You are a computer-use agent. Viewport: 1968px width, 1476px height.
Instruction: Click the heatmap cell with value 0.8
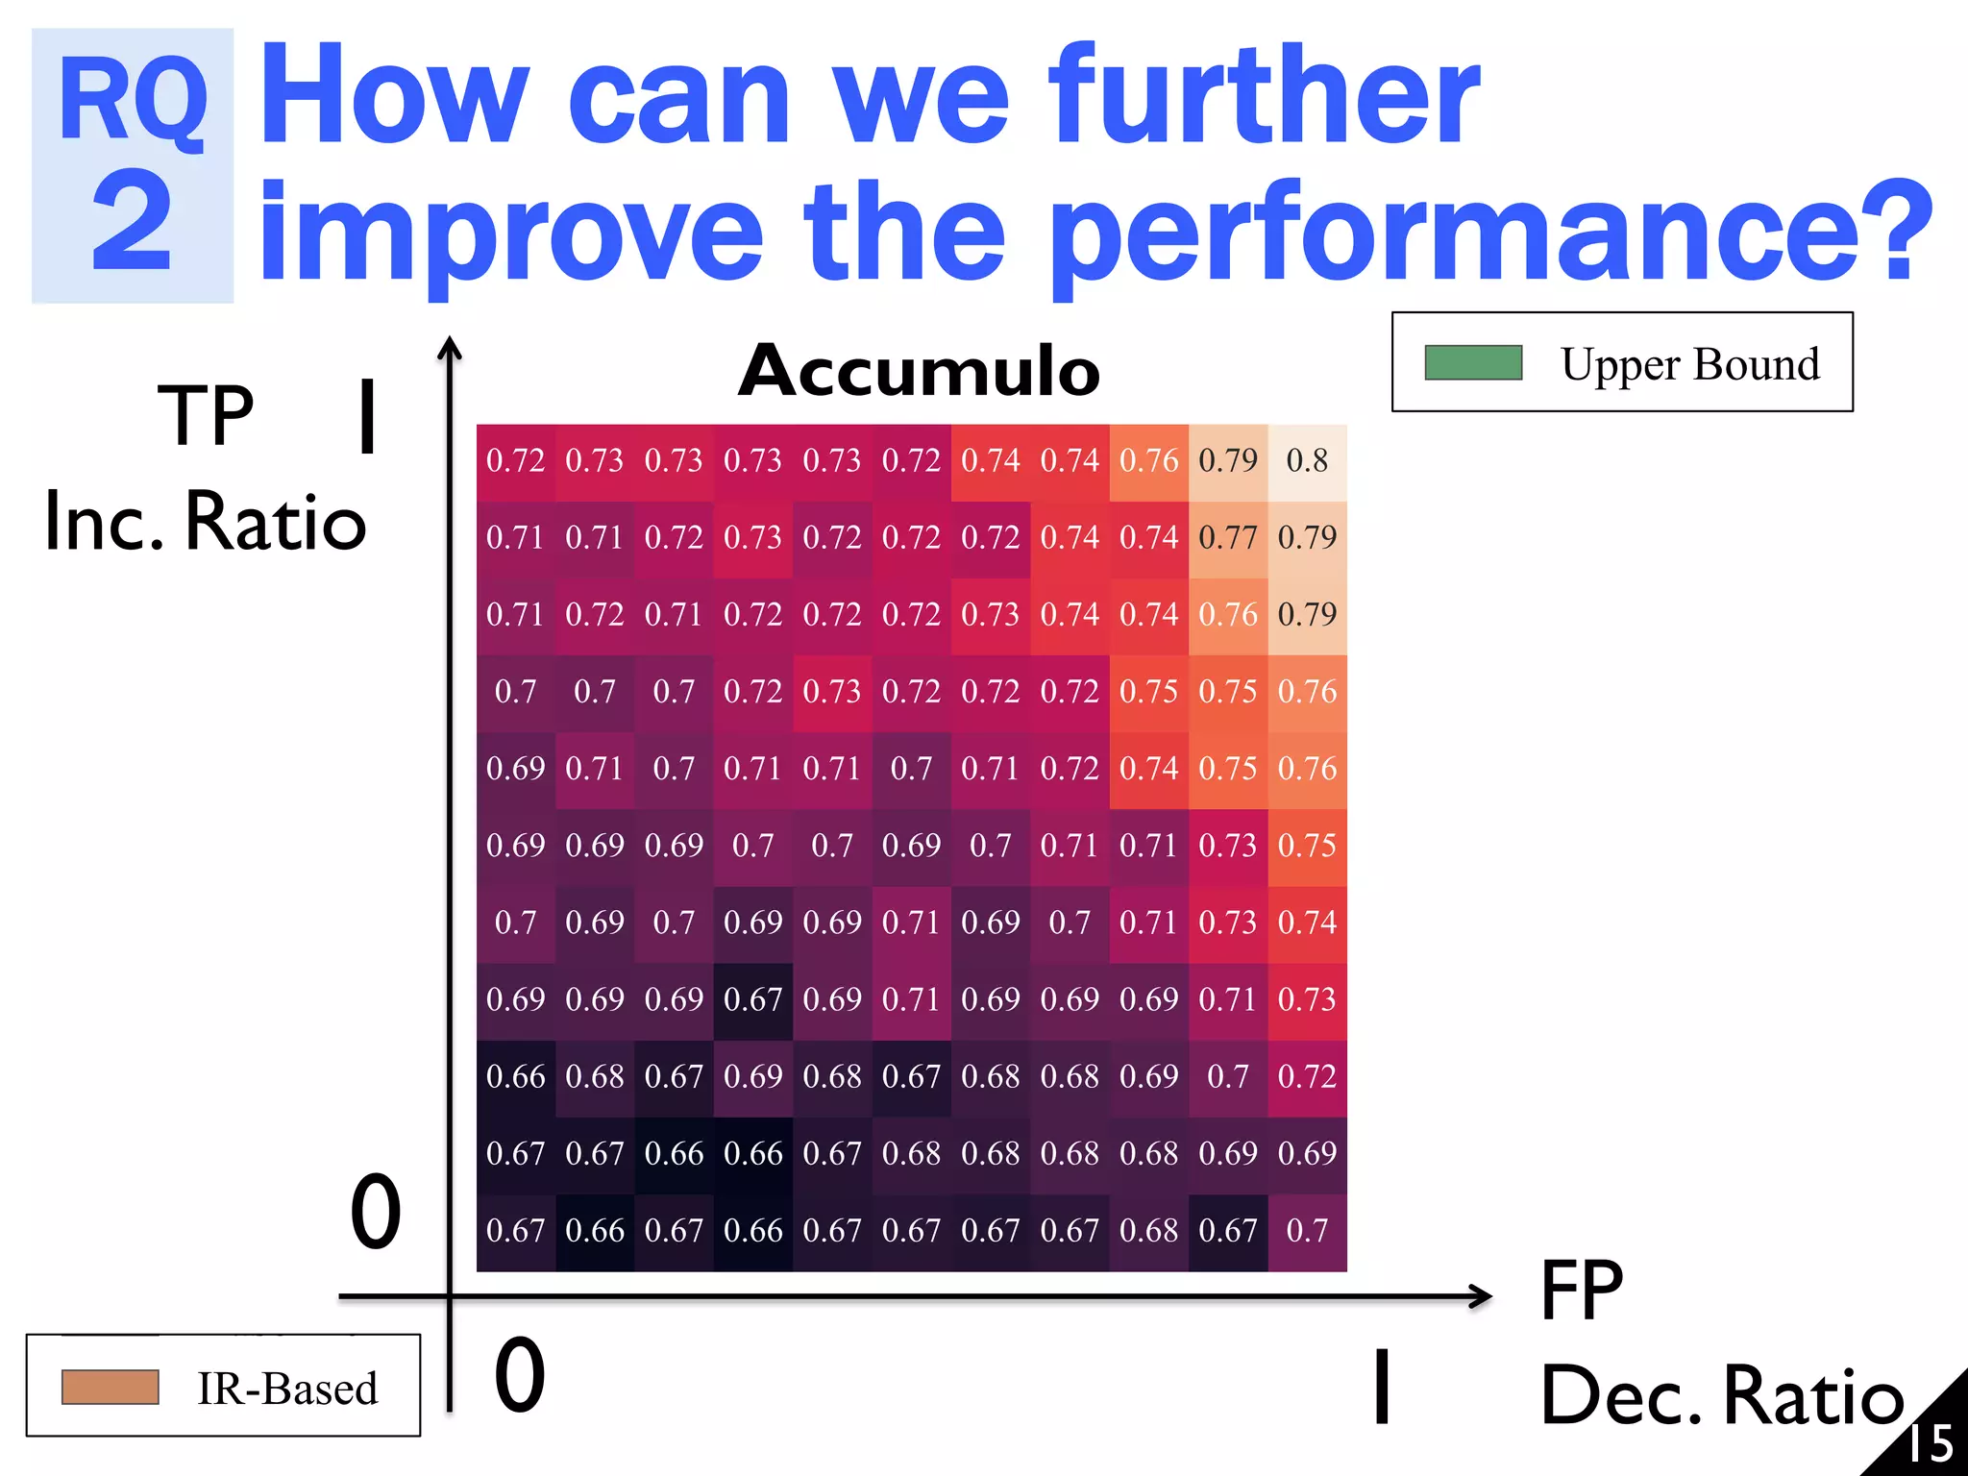(1307, 461)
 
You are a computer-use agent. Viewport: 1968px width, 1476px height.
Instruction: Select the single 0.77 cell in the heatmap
(1228, 538)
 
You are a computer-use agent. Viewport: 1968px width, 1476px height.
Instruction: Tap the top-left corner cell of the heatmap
(516, 461)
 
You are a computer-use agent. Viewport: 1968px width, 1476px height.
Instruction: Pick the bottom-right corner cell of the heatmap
(1307, 1231)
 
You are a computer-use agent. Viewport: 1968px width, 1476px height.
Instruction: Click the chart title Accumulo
(919, 371)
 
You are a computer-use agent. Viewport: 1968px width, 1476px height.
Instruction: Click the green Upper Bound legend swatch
(1472, 363)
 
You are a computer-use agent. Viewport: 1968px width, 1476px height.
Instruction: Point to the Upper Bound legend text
(1689, 364)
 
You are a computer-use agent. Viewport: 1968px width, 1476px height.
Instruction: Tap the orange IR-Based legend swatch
(110, 1387)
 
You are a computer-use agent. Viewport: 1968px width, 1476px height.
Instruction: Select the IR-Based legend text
(286, 1389)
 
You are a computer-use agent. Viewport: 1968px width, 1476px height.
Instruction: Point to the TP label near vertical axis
(206, 415)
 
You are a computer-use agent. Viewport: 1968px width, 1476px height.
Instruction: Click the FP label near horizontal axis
(1581, 1290)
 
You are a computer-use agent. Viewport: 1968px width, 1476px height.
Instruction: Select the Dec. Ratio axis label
(1721, 1394)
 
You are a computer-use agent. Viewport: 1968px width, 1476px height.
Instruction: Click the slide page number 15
(1930, 1442)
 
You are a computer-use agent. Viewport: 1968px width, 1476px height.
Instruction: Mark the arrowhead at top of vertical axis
(449, 347)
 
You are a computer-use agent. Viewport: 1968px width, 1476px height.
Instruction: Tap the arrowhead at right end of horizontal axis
(1482, 1296)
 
